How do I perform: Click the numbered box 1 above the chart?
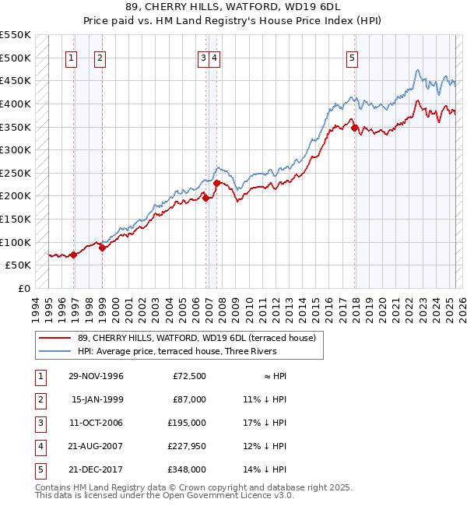(x=71, y=57)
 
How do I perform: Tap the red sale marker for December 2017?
(x=354, y=128)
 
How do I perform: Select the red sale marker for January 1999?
(x=102, y=248)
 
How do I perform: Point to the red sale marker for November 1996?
(x=74, y=255)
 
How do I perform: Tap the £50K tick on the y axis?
(x=19, y=265)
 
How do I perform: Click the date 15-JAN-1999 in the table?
(x=97, y=399)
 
